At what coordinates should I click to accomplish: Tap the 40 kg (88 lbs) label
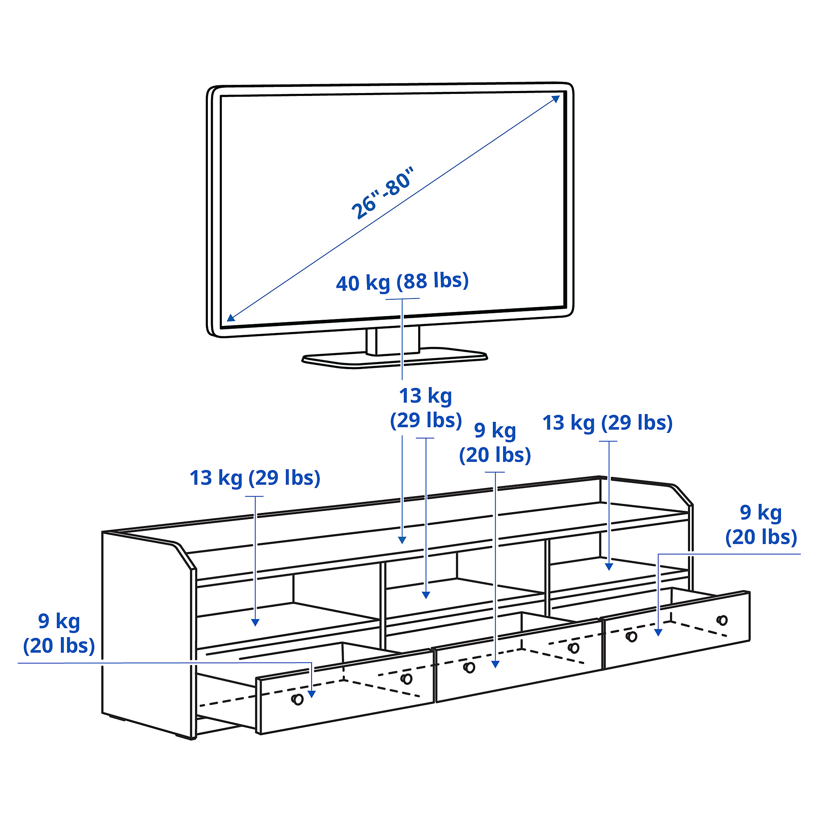[x=402, y=281]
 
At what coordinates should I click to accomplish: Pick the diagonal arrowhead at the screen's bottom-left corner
[x=230, y=317]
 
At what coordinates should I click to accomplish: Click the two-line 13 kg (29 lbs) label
[x=426, y=408]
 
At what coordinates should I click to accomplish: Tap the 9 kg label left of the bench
[x=59, y=633]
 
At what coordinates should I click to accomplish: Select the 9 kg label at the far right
[x=761, y=525]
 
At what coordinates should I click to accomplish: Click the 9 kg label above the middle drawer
[x=495, y=443]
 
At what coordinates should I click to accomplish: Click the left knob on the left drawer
[x=298, y=699]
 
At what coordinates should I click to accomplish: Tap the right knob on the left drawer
[x=406, y=679]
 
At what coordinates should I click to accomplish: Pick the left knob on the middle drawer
[x=469, y=667]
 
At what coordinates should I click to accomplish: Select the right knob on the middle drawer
[x=574, y=648]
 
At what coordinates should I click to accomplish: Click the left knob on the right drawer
[x=631, y=637]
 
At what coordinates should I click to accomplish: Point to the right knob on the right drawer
[x=722, y=620]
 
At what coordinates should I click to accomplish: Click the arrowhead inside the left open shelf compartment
[x=255, y=622]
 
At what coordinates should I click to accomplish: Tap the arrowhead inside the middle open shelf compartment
[x=426, y=595]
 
